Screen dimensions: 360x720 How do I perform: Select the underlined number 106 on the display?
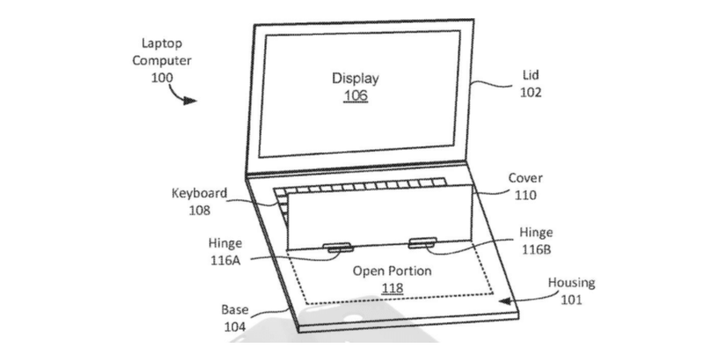pyautogui.click(x=355, y=95)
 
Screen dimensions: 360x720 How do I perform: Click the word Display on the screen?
pyautogui.click(x=355, y=78)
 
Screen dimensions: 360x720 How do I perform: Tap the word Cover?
pyautogui.click(x=526, y=178)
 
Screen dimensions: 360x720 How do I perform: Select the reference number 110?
pyautogui.click(x=526, y=194)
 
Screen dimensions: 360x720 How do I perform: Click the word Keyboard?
pyautogui.click(x=199, y=194)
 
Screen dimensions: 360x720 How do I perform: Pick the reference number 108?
pyautogui.click(x=199, y=210)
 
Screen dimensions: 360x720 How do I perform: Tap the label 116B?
pyautogui.click(x=536, y=248)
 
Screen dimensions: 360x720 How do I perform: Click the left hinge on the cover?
pyautogui.click(x=338, y=247)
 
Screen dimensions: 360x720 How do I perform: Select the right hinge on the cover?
pyautogui.click(x=421, y=243)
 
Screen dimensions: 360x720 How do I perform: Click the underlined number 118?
pyautogui.click(x=392, y=288)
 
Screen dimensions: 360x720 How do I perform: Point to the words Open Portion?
pyautogui.click(x=392, y=271)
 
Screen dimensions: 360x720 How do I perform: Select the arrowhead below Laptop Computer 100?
pyautogui.click(x=190, y=100)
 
